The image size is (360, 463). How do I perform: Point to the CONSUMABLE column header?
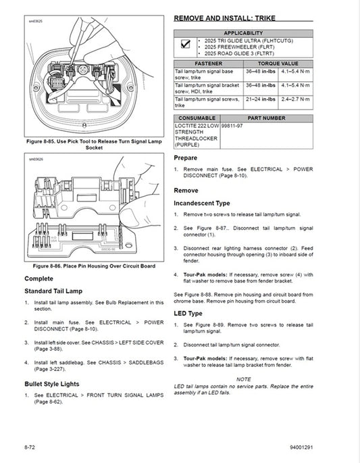pos(197,118)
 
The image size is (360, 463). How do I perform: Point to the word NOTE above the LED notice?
pos(243,379)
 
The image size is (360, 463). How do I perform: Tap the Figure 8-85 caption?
pos(94,145)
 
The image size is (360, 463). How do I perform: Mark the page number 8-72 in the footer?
pos(30,446)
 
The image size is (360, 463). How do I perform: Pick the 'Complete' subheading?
pos(39,278)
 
